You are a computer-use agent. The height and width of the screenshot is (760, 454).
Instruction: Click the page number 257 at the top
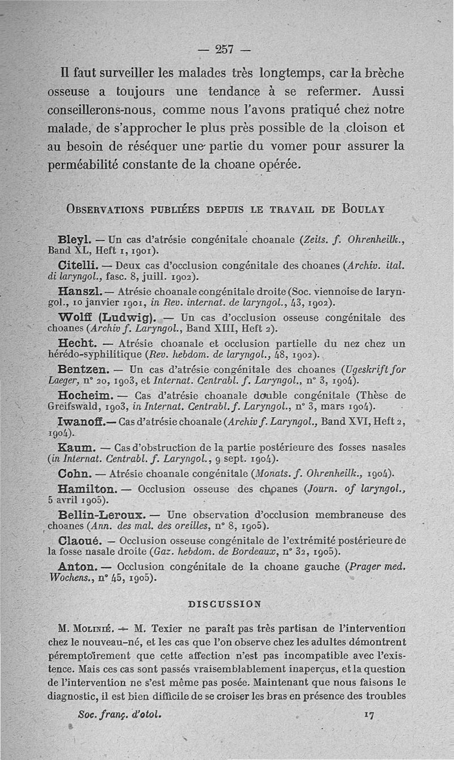(x=225, y=49)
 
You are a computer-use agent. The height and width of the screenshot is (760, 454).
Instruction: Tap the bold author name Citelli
(x=78, y=265)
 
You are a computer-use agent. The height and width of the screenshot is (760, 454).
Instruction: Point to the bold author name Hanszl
(x=79, y=291)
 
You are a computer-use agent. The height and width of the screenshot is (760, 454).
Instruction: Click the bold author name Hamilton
(x=87, y=488)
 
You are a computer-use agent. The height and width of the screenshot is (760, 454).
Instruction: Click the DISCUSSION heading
(x=225, y=603)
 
